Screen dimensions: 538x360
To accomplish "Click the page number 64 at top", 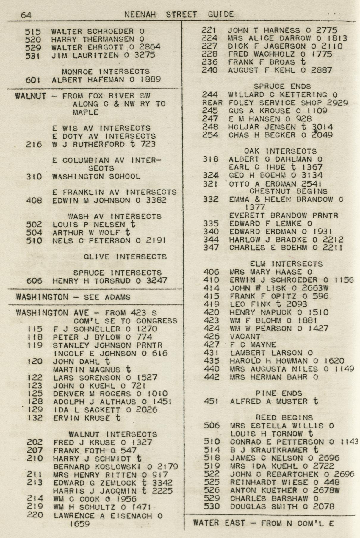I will pyautogui.click(x=26, y=15).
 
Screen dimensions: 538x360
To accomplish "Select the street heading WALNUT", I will pyautogui.click(x=31, y=96).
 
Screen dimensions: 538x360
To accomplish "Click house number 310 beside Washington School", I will pyautogui.click(x=34, y=177).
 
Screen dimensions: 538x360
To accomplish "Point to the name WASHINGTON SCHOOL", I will pyautogui.click(x=96, y=176).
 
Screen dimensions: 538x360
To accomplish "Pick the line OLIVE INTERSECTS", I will pyautogui.click(x=125, y=257).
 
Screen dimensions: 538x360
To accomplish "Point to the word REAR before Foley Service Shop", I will pyautogui.click(x=212, y=103).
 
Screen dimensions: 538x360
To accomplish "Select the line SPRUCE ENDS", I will pyautogui.click(x=282, y=87).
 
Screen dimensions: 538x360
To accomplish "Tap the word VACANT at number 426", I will pyautogui.click(x=245, y=337).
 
